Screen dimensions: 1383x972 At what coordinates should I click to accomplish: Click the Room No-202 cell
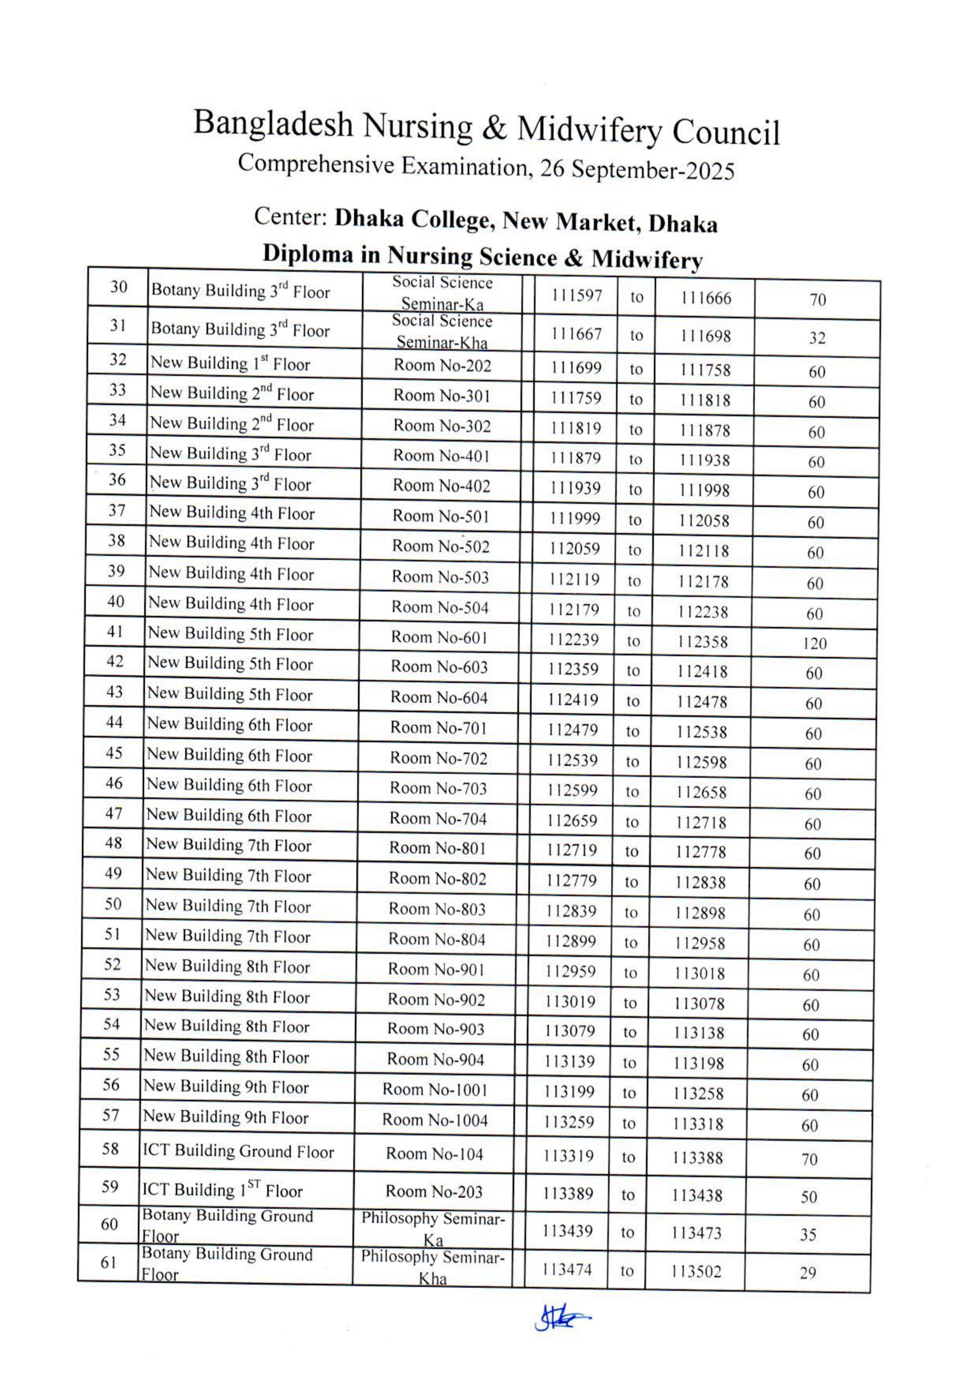click(x=442, y=366)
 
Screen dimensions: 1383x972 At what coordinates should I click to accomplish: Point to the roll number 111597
click(x=576, y=296)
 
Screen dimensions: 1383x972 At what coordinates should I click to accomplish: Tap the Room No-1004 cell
click(x=434, y=1120)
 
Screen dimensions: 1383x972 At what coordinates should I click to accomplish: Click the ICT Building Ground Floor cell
click(x=238, y=1152)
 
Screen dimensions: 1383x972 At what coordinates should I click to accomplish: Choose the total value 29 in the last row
click(x=808, y=1273)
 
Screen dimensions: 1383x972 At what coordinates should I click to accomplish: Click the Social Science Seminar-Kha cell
click(x=442, y=331)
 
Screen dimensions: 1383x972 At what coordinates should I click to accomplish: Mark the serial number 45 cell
click(x=114, y=753)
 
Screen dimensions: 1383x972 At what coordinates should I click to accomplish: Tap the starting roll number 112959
click(x=570, y=972)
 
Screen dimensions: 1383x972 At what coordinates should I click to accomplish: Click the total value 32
click(x=817, y=338)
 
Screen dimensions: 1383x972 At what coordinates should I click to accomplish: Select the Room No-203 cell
click(x=434, y=1191)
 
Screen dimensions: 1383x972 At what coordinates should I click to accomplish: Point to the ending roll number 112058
click(x=703, y=520)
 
